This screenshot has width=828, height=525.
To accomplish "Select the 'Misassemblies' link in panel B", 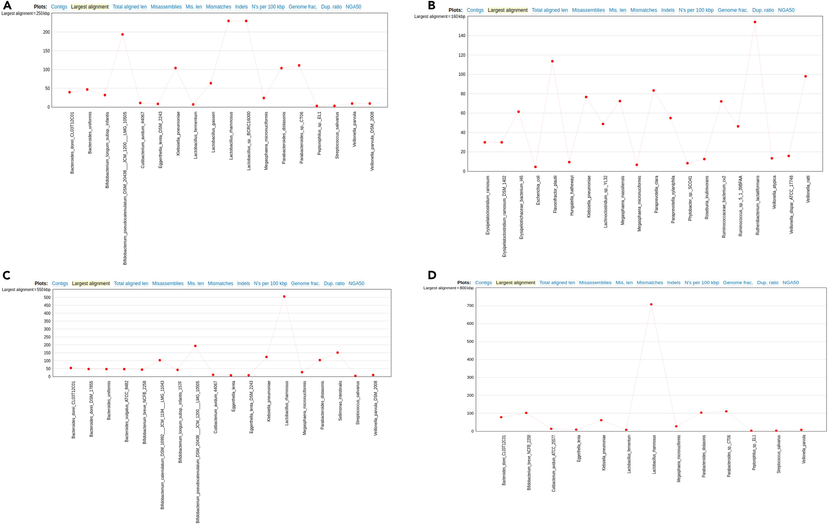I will tap(588, 10).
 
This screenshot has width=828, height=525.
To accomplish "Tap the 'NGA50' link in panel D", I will tap(790, 283).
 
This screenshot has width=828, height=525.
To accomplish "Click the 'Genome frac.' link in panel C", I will tap(305, 284).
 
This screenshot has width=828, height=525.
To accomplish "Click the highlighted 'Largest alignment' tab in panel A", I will tap(90, 7).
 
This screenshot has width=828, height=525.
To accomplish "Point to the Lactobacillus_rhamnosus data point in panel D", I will tap(651, 304).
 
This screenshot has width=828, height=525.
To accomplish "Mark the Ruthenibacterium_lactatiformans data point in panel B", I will tap(755, 22).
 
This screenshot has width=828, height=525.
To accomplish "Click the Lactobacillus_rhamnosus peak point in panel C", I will tap(284, 296).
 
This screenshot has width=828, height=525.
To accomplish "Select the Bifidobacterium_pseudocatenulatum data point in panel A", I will tap(122, 34).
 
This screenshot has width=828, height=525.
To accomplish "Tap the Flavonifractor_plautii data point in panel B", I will tap(552, 61).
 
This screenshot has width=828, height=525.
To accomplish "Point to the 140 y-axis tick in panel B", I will tap(462, 36).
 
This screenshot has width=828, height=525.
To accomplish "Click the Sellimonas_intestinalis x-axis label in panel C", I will tap(340, 401).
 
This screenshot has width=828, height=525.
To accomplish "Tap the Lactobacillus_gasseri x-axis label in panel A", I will tap(213, 132).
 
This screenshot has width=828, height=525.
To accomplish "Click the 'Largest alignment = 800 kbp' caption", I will tap(448, 288).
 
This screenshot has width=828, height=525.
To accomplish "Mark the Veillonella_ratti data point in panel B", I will tap(805, 76).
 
